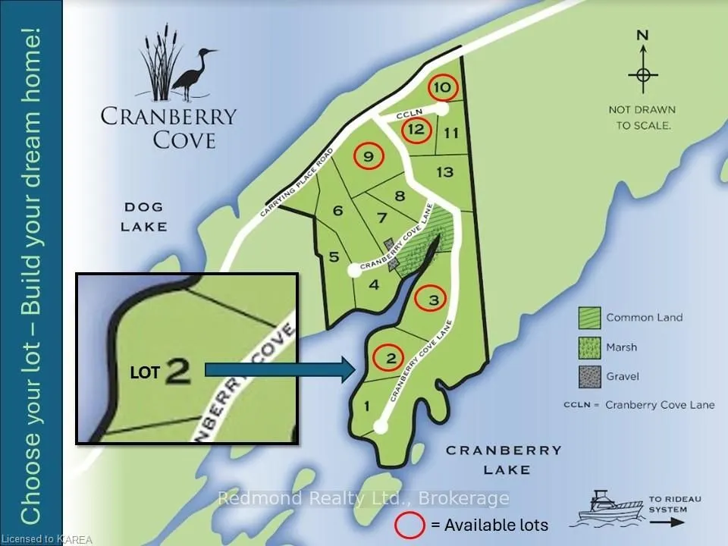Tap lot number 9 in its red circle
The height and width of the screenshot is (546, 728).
coord(369,157)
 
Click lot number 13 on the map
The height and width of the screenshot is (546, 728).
coord(444,172)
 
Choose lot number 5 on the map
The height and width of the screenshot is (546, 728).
coord(334,257)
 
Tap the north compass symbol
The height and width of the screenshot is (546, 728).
coord(642,74)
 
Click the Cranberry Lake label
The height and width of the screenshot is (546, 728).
coord(504,460)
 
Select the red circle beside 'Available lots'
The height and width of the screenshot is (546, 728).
coord(409,524)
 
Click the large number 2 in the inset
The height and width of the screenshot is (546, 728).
coord(177,371)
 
